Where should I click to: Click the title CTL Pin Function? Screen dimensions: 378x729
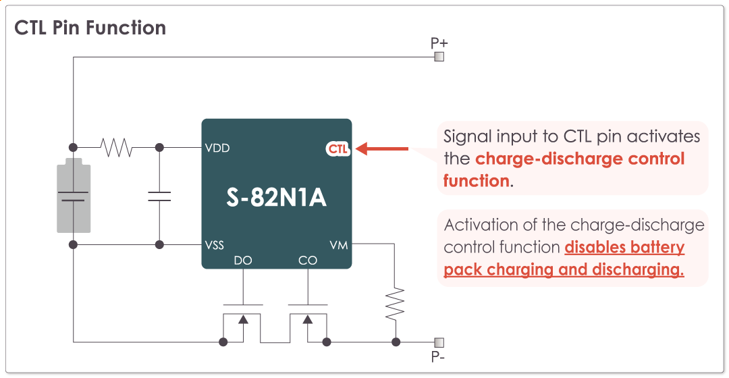(x=90, y=28)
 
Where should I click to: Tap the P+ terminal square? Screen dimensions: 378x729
(x=439, y=57)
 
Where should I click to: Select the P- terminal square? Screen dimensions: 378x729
(x=439, y=342)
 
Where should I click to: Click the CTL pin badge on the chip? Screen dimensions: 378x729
(x=338, y=148)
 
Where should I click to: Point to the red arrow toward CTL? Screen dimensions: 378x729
(x=382, y=148)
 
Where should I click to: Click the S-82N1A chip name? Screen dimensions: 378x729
(x=277, y=198)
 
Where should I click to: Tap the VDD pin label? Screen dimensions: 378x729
(x=217, y=148)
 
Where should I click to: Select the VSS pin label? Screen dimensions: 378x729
(x=215, y=245)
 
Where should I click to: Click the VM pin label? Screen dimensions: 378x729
(x=339, y=245)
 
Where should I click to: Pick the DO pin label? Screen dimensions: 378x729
(x=243, y=261)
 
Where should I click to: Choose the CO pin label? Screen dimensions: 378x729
(x=308, y=261)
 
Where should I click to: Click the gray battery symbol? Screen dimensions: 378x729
(x=72, y=196)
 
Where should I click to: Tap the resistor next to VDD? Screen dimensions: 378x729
(x=116, y=147)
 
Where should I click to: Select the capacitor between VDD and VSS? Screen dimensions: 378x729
(x=159, y=196)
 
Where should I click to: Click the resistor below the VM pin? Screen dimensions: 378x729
(x=395, y=303)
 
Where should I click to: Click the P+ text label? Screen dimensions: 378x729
(x=439, y=43)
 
